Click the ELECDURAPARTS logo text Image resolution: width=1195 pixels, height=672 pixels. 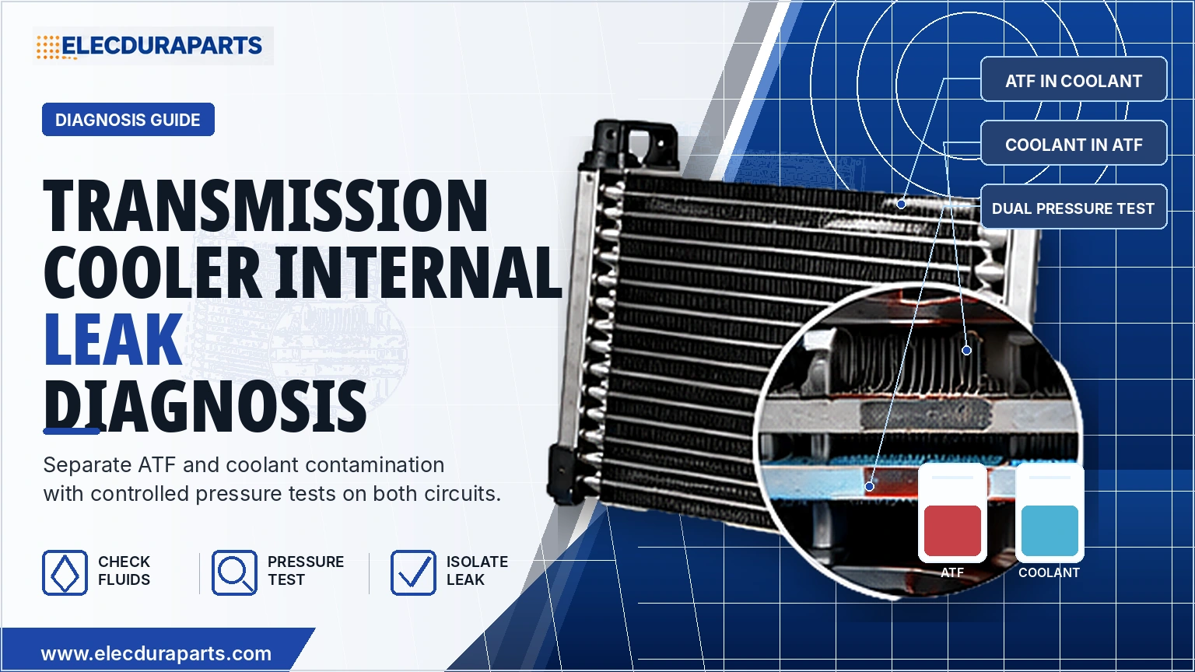click(162, 46)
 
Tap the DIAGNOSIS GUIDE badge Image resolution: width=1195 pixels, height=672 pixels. click(128, 120)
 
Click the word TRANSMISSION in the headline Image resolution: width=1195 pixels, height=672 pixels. click(265, 205)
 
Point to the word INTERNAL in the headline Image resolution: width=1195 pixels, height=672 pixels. click(419, 272)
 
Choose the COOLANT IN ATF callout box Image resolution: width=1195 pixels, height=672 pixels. click(1074, 143)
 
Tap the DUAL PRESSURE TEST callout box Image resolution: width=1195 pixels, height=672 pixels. click(1074, 207)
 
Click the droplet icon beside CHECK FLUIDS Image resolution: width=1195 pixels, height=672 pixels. click(65, 572)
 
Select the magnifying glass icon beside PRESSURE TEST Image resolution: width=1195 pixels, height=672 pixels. click(234, 572)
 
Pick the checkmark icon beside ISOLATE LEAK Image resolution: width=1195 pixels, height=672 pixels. click(413, 572)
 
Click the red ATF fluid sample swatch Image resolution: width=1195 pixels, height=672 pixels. click(952, 530)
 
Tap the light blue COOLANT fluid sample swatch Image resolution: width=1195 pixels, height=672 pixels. click(1050, 530)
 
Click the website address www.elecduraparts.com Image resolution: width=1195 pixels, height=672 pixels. click(156, 654)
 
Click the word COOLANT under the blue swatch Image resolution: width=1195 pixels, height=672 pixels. click(1049, 572)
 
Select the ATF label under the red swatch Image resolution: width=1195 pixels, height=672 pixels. click(952, 572)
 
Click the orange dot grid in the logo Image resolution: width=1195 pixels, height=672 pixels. click(48, 47)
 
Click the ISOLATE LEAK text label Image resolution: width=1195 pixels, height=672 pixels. click(477, 571)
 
